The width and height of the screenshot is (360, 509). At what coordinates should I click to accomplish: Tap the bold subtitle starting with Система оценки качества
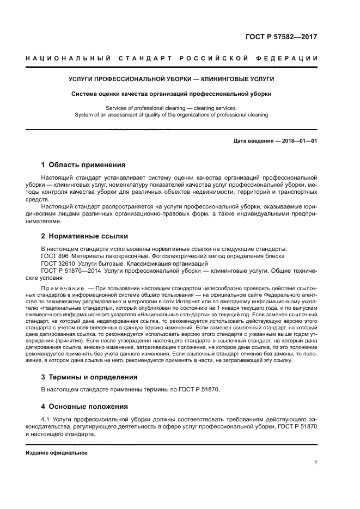172,94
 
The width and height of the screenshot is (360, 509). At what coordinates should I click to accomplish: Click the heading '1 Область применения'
83,165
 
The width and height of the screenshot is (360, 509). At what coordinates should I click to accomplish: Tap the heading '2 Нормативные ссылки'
84,236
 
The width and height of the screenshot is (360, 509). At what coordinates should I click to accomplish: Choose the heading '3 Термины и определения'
89,377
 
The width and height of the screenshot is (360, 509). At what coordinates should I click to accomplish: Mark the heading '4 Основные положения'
84,406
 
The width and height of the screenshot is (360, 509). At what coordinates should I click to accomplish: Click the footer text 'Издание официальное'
57,453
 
